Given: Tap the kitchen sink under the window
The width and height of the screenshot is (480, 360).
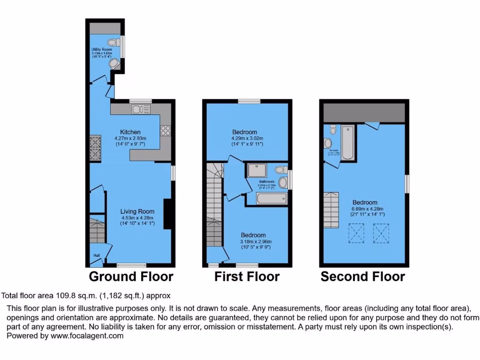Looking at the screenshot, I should pos(139,110).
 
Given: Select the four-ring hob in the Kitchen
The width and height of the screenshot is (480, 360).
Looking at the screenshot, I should pos(165,131).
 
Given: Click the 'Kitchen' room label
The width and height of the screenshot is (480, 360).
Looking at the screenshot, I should pos(130,132).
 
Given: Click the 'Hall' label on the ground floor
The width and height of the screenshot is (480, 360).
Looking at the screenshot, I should pos(97,255).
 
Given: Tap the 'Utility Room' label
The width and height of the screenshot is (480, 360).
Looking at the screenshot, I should pos(102,49).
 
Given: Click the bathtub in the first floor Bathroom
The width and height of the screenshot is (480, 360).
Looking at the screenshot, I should pos(271,199).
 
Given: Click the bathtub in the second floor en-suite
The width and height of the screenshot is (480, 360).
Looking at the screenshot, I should pos(347,142).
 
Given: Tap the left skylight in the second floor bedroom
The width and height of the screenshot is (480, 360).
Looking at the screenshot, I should pos(357,233).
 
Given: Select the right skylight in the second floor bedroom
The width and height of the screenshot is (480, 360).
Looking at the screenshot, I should pos(382,233).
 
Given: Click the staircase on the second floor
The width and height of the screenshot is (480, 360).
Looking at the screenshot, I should pos(331,210).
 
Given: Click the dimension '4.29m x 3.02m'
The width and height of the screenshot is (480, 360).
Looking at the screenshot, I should pos(247,138).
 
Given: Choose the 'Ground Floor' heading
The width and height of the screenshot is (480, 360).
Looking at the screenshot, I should pos(131,277).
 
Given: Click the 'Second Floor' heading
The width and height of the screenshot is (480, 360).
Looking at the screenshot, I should pos(363,277).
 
